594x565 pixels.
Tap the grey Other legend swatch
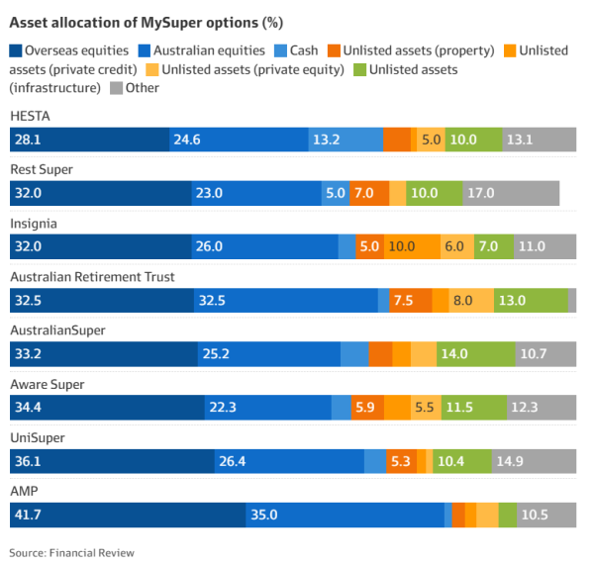116,88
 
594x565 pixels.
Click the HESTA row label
30,117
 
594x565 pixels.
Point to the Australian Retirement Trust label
92,277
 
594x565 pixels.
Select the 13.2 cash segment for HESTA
346,140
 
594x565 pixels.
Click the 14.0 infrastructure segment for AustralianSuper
477,353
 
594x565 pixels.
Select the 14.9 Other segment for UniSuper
534,460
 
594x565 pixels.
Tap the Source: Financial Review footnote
71,552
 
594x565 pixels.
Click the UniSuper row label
38,437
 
